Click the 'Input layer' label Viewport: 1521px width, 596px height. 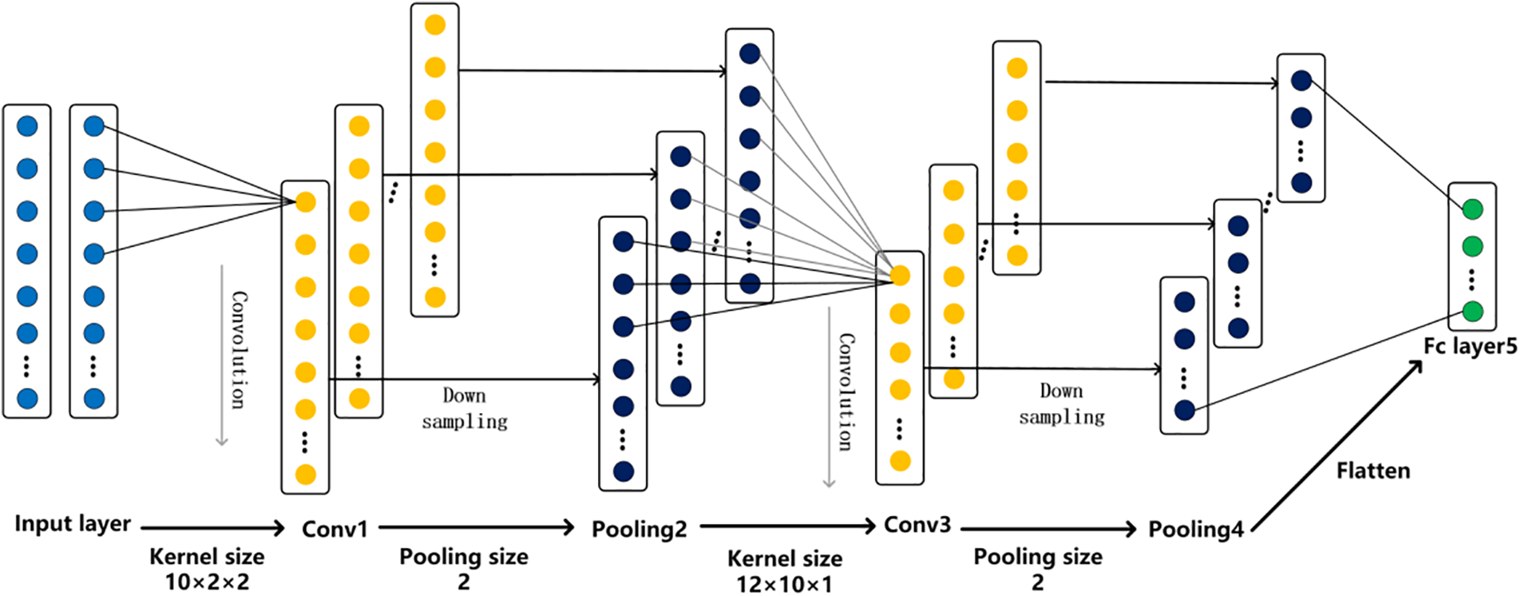tap(73, 524)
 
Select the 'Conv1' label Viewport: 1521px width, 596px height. tap(335, 529)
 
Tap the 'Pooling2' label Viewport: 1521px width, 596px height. tap(639, 530)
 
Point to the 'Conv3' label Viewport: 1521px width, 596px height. tap(917, 525)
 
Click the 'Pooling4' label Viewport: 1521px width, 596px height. tap(1195, 530)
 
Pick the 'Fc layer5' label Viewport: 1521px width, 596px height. tap(1470, 346)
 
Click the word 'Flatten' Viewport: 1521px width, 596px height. tap(1373, 471)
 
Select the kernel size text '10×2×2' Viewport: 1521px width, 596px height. tap(207, 582)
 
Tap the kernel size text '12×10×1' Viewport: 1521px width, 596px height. tap(784, 584)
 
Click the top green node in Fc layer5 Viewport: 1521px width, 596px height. tap(1472, 209)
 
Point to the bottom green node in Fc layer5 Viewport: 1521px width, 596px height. tap(1472, 311)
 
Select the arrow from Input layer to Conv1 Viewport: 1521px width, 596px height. tap(212, 527)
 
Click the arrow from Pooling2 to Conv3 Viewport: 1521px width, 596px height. tap(788, 526)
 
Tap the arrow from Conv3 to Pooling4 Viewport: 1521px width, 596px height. tap(1048, 528)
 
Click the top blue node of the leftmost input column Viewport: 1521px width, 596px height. tap(27, 126)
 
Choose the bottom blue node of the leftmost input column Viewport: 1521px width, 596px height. tap(27, 398)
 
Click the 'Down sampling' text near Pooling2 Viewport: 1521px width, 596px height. tap(465, 408)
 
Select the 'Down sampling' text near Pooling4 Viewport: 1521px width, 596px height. tap(1062, 403)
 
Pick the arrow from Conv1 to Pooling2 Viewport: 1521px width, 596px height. tap(477, 527)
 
